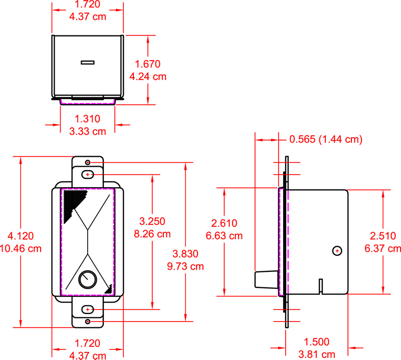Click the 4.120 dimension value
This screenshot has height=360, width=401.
click(21, 236)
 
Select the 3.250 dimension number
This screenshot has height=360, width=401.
click(152, 221)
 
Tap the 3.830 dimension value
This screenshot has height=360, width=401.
click(185, 254)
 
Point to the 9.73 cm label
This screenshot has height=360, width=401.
click(185, 266)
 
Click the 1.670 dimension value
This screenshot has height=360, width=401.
click(147, 64)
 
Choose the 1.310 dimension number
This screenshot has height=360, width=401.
click(87, 119)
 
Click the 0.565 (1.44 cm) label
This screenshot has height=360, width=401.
click(326, 139)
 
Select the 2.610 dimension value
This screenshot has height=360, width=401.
click(224, 223)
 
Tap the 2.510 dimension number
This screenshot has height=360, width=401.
click(383, 236)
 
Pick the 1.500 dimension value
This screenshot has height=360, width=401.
click(317, 342)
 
